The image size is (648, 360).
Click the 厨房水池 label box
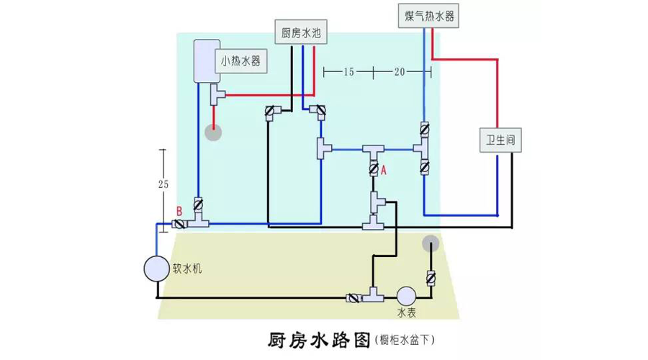(301, 32)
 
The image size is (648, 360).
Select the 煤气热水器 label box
(428, 16)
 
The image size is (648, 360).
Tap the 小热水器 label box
(240, 61)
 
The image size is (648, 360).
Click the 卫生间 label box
(500, 140)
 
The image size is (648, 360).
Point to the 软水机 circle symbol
(157, 269)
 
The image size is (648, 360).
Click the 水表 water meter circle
(406, 297)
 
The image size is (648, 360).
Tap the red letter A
(384, 170)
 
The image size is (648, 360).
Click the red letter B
(179, 212)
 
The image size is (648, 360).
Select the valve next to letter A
(374, 168)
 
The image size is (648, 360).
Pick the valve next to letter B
(179, 224)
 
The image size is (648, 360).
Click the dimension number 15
(348, 72)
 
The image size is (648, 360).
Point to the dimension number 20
(399, 72)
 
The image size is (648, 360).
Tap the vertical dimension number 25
(163, 184)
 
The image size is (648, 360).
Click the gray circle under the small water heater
(214, 132)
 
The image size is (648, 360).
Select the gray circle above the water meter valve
(431, 244)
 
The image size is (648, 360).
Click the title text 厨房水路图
(319, 340)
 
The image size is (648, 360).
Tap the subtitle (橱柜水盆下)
(405, 340)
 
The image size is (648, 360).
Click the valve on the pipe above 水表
(431, 278)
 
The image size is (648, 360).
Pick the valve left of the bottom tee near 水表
(353, 297)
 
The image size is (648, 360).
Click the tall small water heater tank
(207, 61)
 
